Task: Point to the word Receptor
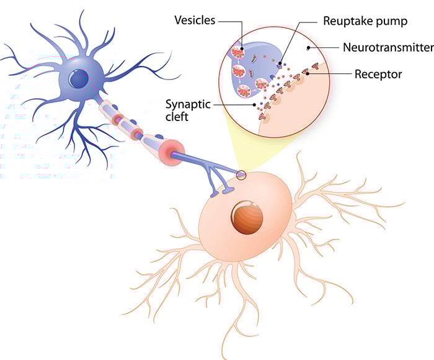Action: (378, 74)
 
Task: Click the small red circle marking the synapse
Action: (241, 176)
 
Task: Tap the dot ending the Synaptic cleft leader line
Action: (254, 104)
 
